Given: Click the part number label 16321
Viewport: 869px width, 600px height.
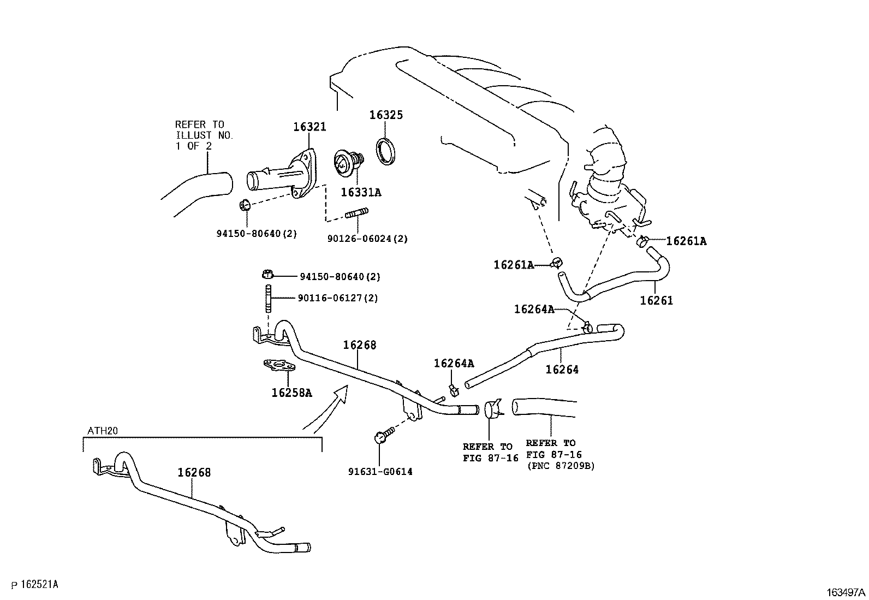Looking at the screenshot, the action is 309,127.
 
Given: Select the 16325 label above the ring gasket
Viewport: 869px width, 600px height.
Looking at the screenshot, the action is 386,115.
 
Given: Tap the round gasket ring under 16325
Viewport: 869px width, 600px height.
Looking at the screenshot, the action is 386,151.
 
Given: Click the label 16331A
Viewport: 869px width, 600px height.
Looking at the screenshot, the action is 361,192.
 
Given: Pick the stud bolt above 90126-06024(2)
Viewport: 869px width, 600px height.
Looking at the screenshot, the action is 356,213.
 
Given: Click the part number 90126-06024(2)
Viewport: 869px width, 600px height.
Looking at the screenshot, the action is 367,239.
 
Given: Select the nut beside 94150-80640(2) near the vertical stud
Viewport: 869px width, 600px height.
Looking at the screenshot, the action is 267,275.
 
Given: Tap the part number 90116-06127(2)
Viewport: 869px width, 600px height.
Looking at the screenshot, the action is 337,298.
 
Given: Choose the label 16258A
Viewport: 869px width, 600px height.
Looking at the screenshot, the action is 291,393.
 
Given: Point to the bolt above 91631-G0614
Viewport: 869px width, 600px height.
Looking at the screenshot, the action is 384,434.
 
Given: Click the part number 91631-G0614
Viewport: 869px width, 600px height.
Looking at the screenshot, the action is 380,472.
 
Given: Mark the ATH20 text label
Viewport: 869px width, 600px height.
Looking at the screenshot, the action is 103,431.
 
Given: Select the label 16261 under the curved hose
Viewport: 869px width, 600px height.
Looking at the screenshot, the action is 657,300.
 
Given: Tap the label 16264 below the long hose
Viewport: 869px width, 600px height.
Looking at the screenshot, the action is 562,370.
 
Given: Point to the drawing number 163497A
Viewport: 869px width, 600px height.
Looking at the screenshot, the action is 846,592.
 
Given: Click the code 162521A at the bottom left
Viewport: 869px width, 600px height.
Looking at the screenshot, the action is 39,585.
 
